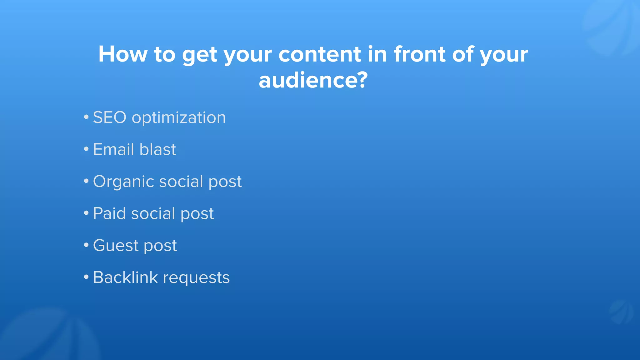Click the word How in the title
(122, 54)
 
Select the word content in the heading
(320, 54)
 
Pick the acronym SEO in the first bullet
(110, 118)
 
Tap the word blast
(157, 149)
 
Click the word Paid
(109, 214)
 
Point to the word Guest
(116, 246)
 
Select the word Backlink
(125, 277)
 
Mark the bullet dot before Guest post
(86, 245)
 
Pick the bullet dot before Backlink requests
(86, 277)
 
